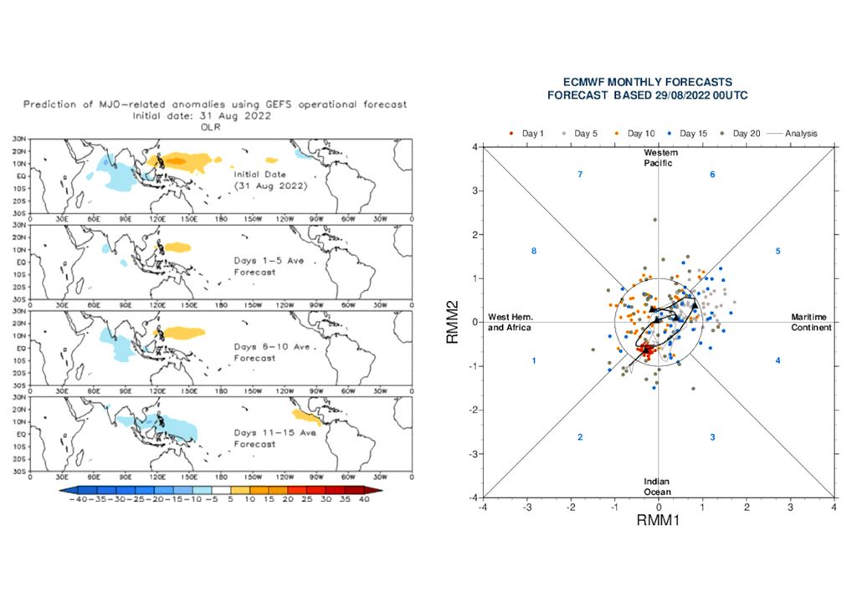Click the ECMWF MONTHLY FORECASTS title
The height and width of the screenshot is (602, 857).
click(648, 82)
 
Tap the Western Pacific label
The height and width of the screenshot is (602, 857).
click(660, 157)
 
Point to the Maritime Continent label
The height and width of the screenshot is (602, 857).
click(810, 322)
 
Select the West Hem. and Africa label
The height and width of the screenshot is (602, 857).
click(511, 322)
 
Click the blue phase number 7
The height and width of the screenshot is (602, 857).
click(579, 174)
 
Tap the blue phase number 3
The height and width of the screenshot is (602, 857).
click(712, 437)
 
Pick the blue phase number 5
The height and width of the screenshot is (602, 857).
click(777, 251)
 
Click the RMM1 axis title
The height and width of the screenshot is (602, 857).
click(659, 521)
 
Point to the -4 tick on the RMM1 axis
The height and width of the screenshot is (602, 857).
click(483, 507)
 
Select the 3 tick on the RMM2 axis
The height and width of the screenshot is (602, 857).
click(475, 191)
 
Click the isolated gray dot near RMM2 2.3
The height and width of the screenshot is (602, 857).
click(654, 220)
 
